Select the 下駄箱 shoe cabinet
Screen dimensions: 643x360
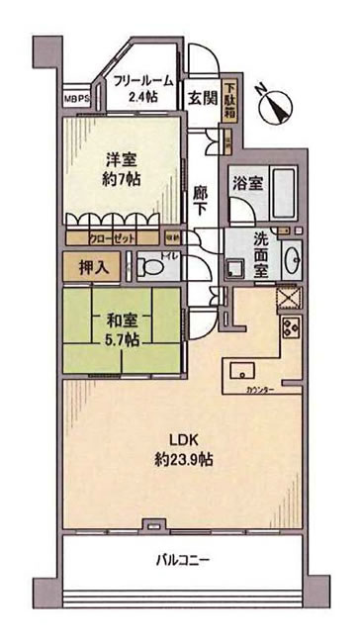pos(229,99)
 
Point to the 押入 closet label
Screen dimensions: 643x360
pos(88,265)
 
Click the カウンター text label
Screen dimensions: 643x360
pos(261,392)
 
